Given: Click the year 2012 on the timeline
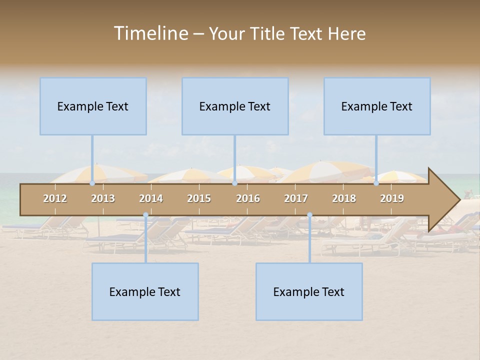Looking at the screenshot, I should coord(55,198).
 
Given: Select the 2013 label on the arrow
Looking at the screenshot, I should coord(103,198).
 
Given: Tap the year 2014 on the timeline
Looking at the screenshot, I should coord(151,198).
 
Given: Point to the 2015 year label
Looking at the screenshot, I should coord(199,198).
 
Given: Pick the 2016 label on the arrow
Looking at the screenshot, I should coord(248,198).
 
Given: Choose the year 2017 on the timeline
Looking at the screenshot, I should coord(296,198).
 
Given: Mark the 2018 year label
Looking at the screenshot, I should coord(344,198).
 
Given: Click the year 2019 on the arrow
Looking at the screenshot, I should coord(392,198).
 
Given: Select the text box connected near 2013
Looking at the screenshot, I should coord(93,106).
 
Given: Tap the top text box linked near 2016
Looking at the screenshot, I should coord(235,106).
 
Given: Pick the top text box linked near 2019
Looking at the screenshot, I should coord(377,106).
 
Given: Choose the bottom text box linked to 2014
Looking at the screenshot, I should coord(145,291).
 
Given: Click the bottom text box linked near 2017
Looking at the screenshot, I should coord(309,291).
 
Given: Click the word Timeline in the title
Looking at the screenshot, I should coord(150,33).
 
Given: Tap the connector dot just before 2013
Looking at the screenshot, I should coord(92,183).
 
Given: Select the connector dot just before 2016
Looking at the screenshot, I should coord(234,183).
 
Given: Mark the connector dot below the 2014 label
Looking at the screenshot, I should coord(145,215).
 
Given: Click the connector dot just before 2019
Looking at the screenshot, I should coord(376,183).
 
